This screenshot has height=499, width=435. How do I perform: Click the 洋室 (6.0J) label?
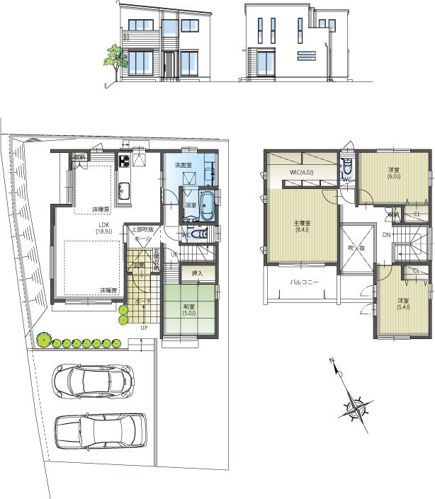pyautogui.click(x=394, y=173)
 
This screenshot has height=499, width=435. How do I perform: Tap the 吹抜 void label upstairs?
pyautogui.click(x=356, y=248)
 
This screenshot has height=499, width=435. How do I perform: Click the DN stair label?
pyautogui.click(x=386, y=235)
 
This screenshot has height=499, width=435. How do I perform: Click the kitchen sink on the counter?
pyautogui.click(x=124, y=190)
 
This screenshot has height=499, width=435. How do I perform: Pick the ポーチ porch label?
pyautogui.click(x=142, y=302)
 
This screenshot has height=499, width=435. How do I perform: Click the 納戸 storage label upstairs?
pyautogui.click(x=392, y=213)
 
